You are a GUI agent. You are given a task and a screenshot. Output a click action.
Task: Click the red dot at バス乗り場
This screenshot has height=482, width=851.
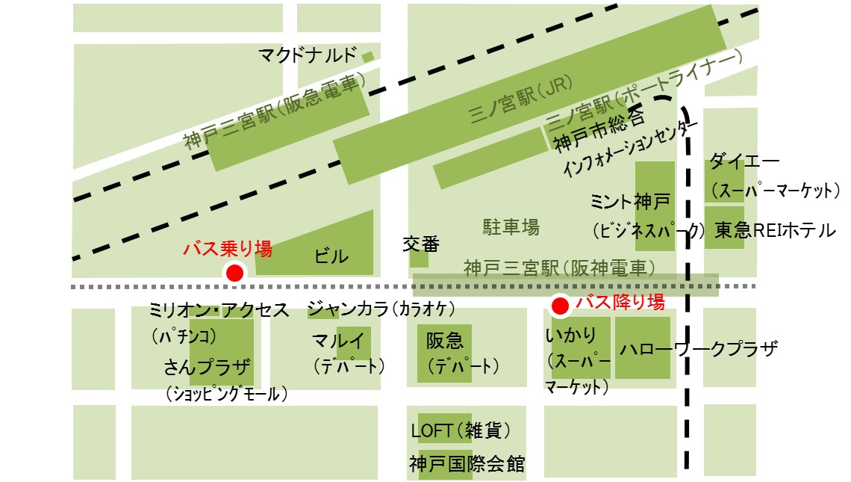(234, 274)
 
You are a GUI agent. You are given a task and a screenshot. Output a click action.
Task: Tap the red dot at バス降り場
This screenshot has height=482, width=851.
(560, 305)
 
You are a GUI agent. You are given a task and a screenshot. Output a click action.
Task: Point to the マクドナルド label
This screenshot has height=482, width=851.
(308, 55)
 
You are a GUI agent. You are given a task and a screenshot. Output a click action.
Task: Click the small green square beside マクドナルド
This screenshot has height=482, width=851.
(367, 56)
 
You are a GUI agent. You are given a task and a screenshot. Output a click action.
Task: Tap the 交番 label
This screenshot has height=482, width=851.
(421, 244)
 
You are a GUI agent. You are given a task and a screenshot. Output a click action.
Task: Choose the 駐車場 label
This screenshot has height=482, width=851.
(511, 226)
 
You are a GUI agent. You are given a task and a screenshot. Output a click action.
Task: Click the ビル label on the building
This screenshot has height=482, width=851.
(331, 256)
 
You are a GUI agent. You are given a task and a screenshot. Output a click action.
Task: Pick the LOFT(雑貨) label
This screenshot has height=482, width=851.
(461, 431)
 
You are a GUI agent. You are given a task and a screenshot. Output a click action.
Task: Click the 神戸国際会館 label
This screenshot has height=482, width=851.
(467, 464)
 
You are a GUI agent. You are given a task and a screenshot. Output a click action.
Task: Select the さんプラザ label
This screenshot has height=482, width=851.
(208, 366)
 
